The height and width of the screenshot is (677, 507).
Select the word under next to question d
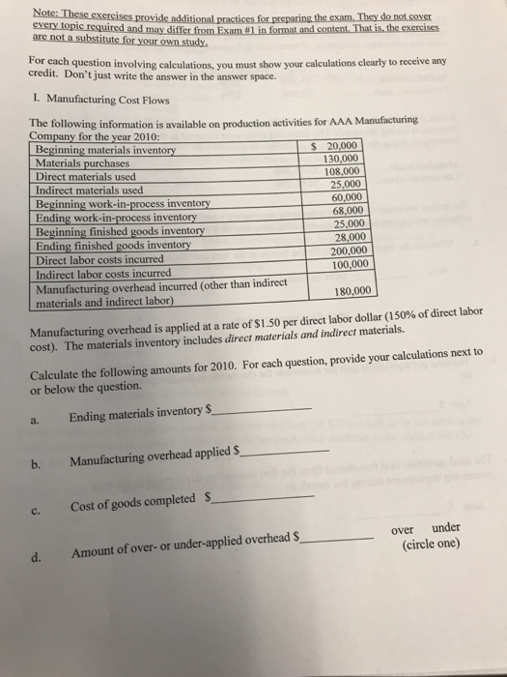tap(445, 529)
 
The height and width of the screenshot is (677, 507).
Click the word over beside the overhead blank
tap(405, 529)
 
